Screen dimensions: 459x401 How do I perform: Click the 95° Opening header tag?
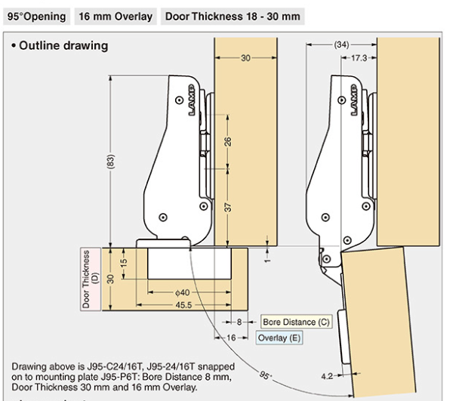click(36, 17)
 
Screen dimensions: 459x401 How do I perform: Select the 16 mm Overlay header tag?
click(116, 17)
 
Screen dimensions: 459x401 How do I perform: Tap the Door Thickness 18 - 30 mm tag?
click(233, 17)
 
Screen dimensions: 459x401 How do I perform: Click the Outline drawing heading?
click(60, 46)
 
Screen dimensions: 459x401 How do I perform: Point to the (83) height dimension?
click(111, 161)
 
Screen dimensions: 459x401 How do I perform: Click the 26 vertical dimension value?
click(228, 141)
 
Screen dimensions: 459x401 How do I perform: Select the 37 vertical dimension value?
click(228, 208)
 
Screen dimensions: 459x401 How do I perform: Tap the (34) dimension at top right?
click(342, 45)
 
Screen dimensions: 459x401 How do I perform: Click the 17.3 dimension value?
click(359, 58)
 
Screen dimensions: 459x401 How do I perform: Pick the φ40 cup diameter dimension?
click(183, 292)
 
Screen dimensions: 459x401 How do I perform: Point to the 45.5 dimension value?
click(183, 305)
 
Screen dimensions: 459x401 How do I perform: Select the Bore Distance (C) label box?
click(296, 322)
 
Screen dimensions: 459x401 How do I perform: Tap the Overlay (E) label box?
click(279, 338)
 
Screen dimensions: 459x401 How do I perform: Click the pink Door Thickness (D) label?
click(91, 279)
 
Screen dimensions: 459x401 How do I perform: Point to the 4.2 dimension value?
click(327, 376)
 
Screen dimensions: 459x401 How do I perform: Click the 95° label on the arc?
click(265, 375)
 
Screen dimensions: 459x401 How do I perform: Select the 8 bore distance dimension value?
click(239, 322)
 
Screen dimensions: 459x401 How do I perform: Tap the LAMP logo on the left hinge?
click(192, 100)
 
